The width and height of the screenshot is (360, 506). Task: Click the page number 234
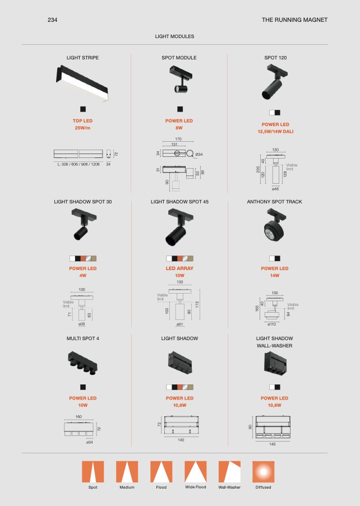(x=52, y=20)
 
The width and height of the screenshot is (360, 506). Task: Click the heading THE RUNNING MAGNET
(x=294, y=20)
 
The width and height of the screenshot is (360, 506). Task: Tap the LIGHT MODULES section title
(x=174, y=36)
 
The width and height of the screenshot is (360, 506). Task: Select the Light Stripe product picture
(x=82, y=83)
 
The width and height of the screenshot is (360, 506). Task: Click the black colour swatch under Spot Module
(x=180, y=109)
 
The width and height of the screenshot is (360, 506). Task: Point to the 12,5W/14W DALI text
(x=275, y=132)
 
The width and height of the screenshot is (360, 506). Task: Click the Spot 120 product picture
(x=275, y=82)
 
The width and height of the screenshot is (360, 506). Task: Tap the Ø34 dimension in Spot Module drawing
(x=199, y=155)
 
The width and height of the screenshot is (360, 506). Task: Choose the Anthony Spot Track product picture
(x=274, y=226)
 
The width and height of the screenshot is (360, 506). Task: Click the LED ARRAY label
(x=179, y=268)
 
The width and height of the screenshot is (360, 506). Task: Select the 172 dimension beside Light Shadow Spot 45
(x=197, y=304)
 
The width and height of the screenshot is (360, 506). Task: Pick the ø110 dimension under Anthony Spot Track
(x=272, y=324)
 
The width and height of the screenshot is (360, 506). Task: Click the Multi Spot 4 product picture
(x=82, y=363)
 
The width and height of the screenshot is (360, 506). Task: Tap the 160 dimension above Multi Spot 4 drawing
(x=79, y=416)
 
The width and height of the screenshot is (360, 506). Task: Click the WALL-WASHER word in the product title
(x=274, y=346)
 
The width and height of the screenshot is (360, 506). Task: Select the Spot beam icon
(x=93, y=472)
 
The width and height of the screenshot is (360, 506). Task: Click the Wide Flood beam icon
(x=196, y=472)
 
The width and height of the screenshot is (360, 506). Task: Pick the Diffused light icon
(x=264, y=472)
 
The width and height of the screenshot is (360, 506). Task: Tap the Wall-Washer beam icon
(x=229, y=472)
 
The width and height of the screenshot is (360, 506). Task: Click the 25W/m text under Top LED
(x=82, y=128)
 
